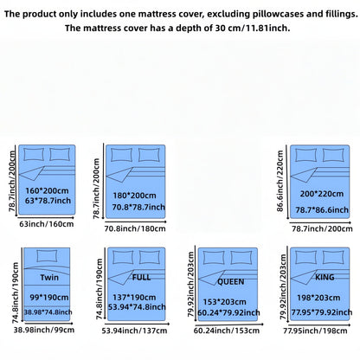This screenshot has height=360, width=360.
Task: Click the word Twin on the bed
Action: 49,278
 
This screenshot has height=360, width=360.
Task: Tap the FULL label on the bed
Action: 141,278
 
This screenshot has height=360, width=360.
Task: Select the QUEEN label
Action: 231,282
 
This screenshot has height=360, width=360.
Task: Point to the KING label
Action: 325,277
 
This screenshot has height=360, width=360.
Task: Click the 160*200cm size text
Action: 47,190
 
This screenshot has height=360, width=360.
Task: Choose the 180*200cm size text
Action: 134,196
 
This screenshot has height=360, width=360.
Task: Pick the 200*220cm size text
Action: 322,194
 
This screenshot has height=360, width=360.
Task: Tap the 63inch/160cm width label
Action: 47,224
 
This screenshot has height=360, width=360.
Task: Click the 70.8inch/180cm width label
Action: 135,228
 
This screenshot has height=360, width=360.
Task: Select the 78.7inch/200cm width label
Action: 322,228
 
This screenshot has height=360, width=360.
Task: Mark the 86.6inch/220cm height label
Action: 280,181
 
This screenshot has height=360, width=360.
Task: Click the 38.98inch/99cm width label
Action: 44,330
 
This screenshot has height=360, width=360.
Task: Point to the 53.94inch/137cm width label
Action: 134,331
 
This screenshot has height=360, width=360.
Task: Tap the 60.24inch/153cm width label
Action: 227,331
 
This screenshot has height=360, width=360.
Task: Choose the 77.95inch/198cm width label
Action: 315,331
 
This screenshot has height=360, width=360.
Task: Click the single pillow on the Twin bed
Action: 47,256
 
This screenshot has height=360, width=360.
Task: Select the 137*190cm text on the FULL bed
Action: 134,298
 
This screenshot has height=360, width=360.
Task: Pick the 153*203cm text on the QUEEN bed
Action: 225,302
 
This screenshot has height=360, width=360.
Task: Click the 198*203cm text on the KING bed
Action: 318,298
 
